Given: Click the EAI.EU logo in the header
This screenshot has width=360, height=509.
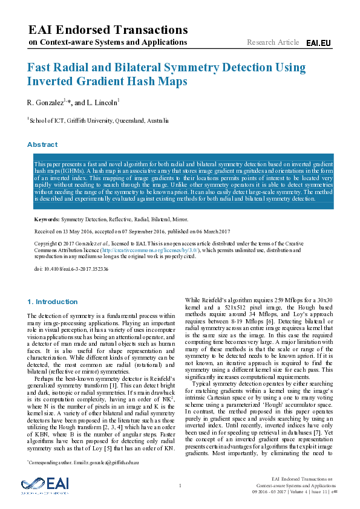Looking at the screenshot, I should tap(318, 43).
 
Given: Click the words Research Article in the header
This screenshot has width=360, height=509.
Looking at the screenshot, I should tap(273, 42).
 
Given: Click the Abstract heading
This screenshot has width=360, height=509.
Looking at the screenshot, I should tap(42, 145).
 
